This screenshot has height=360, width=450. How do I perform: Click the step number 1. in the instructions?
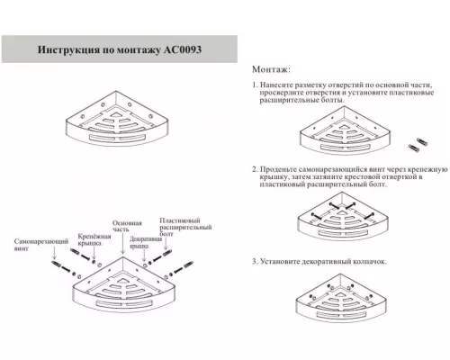click(x=256, y=84)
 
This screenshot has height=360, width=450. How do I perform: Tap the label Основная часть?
click(x=127, y=227)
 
